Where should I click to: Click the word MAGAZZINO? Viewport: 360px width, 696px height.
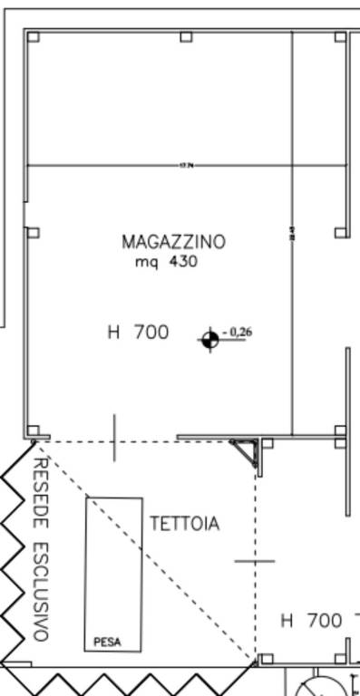173,242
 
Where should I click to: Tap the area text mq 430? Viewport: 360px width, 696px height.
166,262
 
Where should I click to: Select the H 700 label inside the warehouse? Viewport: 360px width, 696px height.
138,333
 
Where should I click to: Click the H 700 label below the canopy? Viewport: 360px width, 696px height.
311,621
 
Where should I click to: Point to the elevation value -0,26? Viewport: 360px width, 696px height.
237,333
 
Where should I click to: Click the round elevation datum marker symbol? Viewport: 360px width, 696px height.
209,340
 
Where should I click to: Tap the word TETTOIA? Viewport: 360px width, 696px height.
184,524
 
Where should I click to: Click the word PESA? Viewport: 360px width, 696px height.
107,643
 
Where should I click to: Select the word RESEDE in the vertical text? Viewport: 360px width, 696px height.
40,493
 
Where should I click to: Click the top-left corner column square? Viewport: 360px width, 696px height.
33,37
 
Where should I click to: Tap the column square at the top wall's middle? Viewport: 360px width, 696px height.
186,37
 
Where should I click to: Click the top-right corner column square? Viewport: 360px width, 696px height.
340,37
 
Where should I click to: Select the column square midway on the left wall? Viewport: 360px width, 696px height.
33,233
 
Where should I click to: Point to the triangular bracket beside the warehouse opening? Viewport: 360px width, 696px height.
248,450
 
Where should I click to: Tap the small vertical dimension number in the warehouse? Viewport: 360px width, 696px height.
292,233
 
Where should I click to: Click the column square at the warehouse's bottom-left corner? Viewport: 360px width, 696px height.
33,430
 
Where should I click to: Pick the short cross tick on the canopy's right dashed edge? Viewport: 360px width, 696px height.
255,561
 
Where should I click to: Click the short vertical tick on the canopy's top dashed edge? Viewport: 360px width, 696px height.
114,438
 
